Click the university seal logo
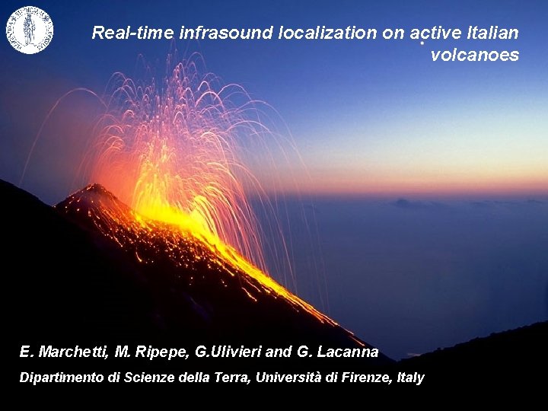coord(30,30)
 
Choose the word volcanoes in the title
coord(475,55)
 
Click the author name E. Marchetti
coord(64,352)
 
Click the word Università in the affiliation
coord(288,378)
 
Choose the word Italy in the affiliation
coord(410,378)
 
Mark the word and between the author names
coord(279,352)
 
